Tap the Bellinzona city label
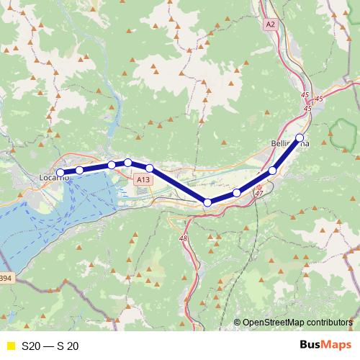(x=289, y=144)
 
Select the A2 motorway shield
(x=270, y=24)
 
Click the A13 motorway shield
(x=144, y=179)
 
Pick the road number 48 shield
(x=184, y=238)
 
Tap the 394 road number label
(x=6, y=278)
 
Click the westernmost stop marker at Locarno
(x=60, y=173)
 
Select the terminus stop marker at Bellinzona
(x=300, y=138)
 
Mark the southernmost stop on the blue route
(x=207, y=203)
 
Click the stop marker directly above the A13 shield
(x=149, y=168)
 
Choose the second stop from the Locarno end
(x=79, y=170)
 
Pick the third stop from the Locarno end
(x=112, y=165)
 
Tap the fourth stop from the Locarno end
(x=128, y=162)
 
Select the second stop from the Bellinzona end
(x=273, y=171)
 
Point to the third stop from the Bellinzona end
(x=236, y=193)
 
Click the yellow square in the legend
(x=9, y=346)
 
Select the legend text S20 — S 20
(x=50, y=346)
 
